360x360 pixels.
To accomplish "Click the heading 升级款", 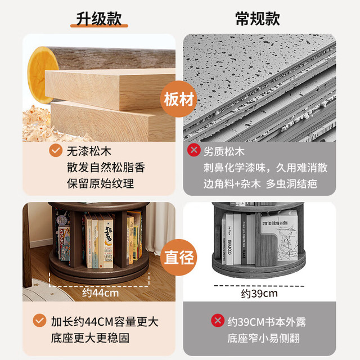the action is coord(99,19).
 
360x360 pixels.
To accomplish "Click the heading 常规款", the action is coord(258,19).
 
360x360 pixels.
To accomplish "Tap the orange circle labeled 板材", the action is coord(179,99).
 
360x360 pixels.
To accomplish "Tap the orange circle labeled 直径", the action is coord(179,257).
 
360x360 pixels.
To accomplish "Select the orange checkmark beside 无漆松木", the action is coord(56,151).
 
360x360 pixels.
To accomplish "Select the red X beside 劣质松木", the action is coord(194,150).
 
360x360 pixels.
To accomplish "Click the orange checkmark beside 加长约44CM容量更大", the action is coord(39,320).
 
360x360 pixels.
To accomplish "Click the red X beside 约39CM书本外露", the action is coord(218,320).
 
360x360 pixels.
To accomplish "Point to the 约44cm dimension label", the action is coord(101,293).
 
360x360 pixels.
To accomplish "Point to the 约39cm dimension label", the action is coord(259,294).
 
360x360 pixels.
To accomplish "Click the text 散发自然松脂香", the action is coord(106,168).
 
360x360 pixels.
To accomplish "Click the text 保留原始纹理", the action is coord(100,184).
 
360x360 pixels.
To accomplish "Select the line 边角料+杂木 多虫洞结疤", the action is coord(260,184).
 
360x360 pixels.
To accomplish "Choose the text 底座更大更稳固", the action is coord(90,338).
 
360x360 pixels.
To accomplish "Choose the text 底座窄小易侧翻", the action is coord(264,338).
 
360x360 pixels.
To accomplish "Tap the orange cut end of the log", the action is coord(42,75).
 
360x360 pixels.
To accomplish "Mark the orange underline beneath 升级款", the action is coord(99,26).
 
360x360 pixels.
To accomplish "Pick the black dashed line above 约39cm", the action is coord(259,286).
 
